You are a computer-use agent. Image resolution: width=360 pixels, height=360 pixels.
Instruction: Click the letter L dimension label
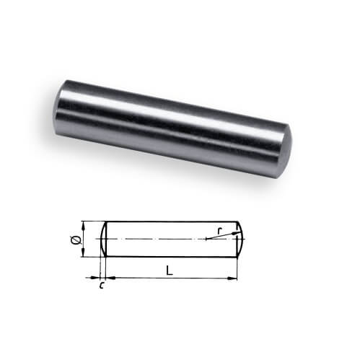click(170, 271)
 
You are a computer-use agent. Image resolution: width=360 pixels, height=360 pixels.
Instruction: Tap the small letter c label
click(102, 285)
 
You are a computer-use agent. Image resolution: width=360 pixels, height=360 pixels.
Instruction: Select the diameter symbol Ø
click(76, 240)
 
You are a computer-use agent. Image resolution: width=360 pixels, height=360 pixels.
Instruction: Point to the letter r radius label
click(219, 231)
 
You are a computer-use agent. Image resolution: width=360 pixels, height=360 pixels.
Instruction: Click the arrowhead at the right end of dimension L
click(232, 278)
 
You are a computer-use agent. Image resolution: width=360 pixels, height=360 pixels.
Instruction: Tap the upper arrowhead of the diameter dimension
click(83, 226)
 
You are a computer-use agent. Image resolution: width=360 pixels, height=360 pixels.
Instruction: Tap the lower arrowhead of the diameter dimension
click(83, 253)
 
